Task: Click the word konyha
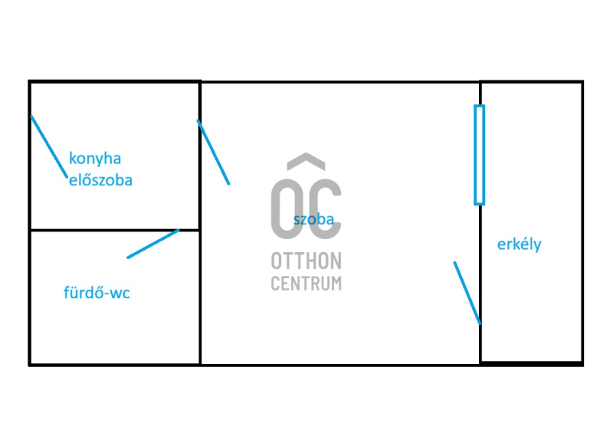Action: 95,159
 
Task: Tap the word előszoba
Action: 100,180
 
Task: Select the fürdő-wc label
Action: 97,293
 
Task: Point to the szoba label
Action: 313,219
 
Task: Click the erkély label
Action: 520,244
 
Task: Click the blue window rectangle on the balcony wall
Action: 480,155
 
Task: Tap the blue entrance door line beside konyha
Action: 49,146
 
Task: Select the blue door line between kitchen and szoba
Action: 213,152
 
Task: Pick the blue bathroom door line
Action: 152,244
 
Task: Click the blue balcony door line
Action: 467,293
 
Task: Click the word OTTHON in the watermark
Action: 306,261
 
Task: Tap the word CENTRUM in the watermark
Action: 306,283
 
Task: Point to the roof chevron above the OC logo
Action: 306,161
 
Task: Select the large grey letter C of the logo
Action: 325,208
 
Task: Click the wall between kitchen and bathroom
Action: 115,230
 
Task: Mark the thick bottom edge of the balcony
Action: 532,363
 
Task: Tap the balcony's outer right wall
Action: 582,223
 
